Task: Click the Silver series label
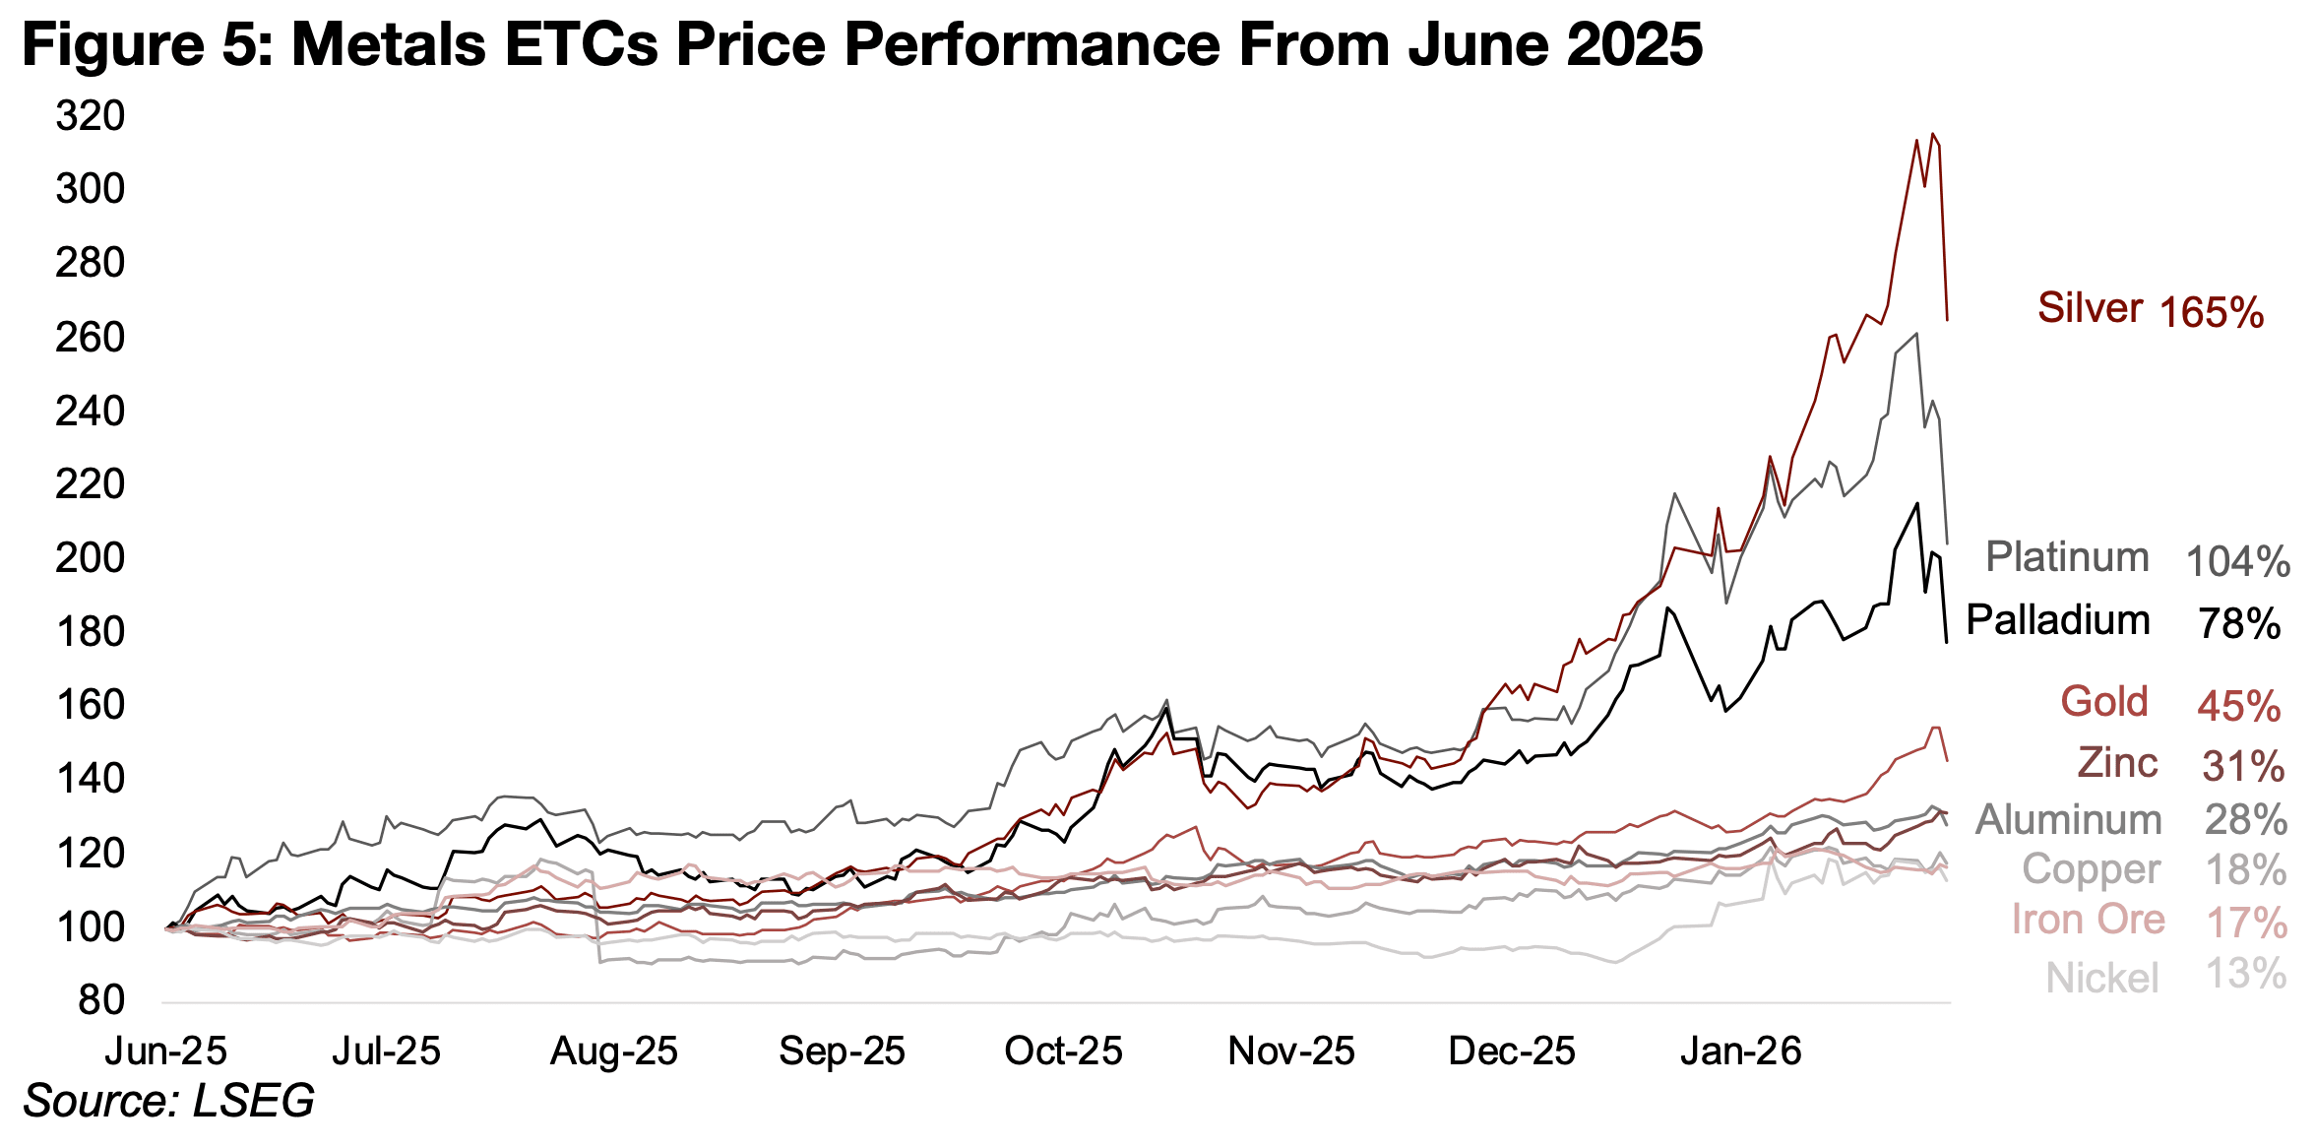point(2090,308)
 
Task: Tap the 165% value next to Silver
point(2211,313)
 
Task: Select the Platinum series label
point(2067,557)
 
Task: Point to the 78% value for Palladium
point(2239,624)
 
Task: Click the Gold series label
point(2104,702)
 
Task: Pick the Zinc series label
point(2117,763)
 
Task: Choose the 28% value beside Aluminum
point(2245,820)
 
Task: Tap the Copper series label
point(2091,870)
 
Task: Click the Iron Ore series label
point(2088,920)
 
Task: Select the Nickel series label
point(2102,979)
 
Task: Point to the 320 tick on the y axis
point(91,116)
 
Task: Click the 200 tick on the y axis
point(91,558)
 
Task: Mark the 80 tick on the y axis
point(101,1000)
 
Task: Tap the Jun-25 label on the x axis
point(165,1052)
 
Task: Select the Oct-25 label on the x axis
point(1063,1052)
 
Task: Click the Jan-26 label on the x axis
point(1740,1052)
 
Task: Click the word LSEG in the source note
point(254,1101)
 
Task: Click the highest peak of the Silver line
point(1933,134)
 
